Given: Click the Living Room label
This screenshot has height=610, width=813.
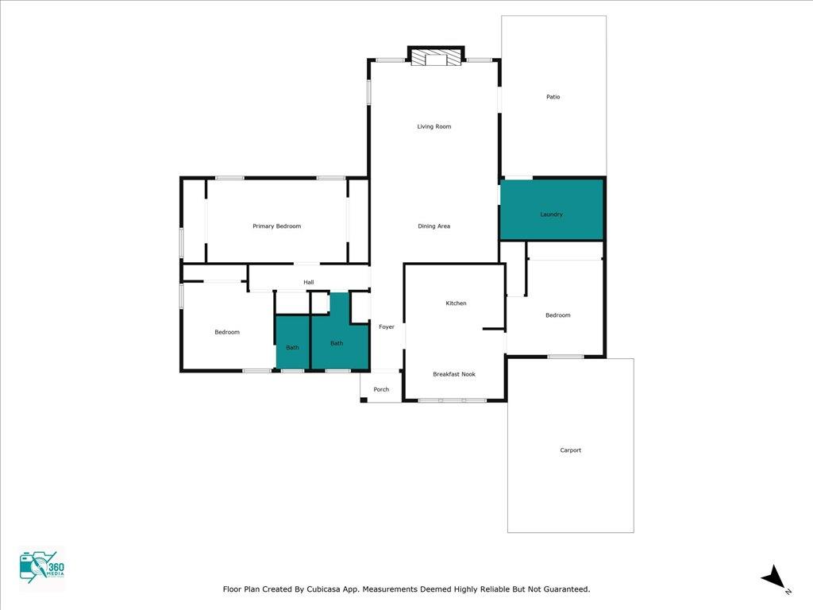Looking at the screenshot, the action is [x=434, y=126].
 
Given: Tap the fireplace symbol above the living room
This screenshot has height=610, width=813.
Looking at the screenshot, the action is [x=436, y=57].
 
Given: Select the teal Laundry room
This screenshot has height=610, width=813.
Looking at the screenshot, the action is [x=552, y=210].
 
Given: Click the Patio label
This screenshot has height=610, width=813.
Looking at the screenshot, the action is [x=553, y=97].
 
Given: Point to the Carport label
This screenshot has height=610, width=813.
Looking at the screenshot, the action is [x=570, y=450].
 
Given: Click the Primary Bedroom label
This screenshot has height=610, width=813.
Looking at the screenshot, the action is [x=276, y=226].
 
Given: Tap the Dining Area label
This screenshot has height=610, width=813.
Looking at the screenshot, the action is [x=434, y=226].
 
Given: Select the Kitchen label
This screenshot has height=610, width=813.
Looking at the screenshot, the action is [x=456, y=303].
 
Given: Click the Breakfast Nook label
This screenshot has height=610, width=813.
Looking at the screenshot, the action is [x=453, y=374].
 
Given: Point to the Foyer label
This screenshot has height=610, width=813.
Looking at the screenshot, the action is [x=387, y=326].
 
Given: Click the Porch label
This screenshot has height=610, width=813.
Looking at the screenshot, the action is [x=381, y=389].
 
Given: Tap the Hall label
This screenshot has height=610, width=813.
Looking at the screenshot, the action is [x=309, y=282].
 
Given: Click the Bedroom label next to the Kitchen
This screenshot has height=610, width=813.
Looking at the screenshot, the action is [x=558, y=315].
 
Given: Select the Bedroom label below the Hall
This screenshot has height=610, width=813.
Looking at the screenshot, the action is [x=227, y=332].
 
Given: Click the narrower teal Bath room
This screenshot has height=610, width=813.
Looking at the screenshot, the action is [x=292, y=342].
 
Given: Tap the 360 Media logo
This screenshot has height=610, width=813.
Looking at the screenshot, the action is [x=41, y=568].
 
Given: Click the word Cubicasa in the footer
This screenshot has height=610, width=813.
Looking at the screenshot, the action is [x=323, y=589].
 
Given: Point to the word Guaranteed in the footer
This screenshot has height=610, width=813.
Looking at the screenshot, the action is [x=564, y=589].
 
